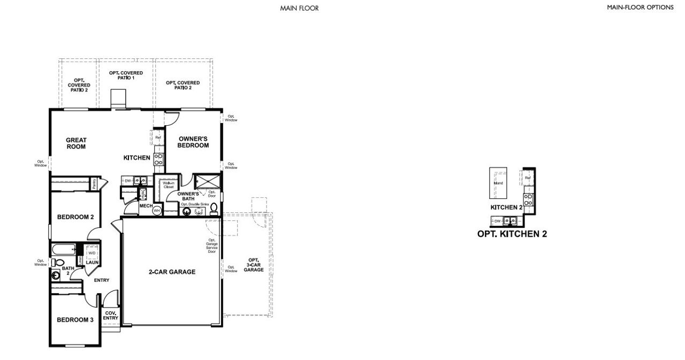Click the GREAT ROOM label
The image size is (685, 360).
tap(76, 143)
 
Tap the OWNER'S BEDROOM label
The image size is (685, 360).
tap(193, 142)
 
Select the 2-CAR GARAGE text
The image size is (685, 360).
tap(172, 272)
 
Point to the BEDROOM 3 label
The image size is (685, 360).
tap(75, 320)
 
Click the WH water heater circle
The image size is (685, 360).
tap(157, 211)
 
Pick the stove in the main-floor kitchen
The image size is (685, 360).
tap(158, 159)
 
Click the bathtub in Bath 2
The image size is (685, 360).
tap(63, 249)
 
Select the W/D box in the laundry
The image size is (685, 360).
tap(92, 253)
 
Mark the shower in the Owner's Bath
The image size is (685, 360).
tap(207, 181)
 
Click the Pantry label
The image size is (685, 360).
tap(94, 183)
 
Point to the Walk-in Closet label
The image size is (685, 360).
tap(169, 185)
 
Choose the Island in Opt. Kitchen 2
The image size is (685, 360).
tap(498, 183)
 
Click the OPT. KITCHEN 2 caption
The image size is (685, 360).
tap(512, 234)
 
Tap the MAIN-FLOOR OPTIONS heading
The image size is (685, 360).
tap(640, 7)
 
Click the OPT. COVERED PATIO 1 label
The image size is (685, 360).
tap(121, 75)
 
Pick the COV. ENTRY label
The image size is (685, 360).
tap(111, 316)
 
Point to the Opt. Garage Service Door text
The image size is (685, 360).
tap(212, 246)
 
